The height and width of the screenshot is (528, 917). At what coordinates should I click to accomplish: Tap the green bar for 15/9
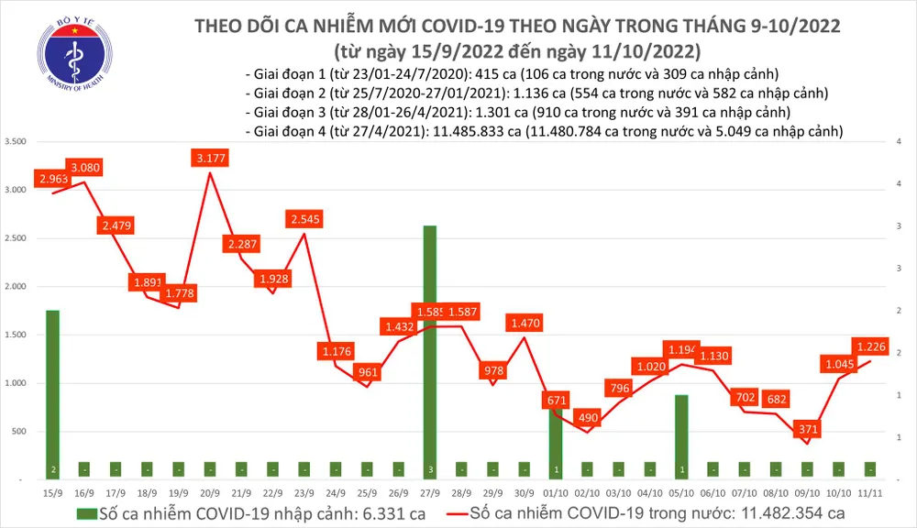point(52,394)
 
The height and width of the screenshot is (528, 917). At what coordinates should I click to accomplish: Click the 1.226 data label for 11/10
point(870,346)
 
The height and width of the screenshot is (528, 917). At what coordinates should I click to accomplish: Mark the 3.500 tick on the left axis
point(16,142)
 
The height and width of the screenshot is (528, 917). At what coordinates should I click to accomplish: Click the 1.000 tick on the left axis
point(16,383)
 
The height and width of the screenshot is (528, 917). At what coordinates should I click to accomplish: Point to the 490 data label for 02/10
point(587,418)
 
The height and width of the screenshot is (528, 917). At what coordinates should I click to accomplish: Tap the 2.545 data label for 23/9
point(305,220)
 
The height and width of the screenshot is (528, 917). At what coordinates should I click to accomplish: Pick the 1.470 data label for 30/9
point(525,324)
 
